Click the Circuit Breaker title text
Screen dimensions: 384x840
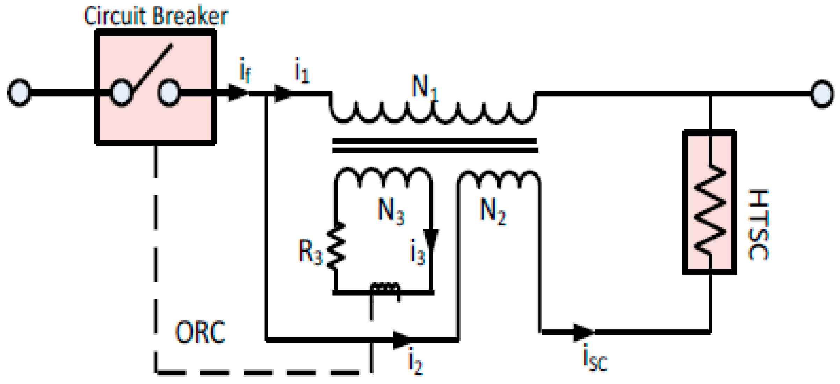pyautogui.click(x=156, y=16)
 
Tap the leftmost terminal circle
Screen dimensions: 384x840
pyautogui.click(x=19, y=93)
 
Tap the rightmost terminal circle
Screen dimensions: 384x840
pyautogui.click(x=822, y=94)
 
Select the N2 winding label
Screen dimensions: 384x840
pyautogui.click(x=493, y=211)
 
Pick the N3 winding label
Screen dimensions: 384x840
pyautogui.click(x=391, y=211)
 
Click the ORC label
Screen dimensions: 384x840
pyautogui.click(x=200, y=332)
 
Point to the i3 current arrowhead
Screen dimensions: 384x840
pyautogui.click(x=431, y=239)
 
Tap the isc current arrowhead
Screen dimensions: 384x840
pyautogui.click(x=584, y=332)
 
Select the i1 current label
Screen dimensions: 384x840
pyautogui.click(x=302, y=71)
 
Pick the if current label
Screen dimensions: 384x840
pyautogui.click(x=245, y=71)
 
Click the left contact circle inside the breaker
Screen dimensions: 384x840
pyautogui.click(x=121, y=93)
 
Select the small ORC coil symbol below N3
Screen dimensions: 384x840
pyautogui.click(x=385, y=289)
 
